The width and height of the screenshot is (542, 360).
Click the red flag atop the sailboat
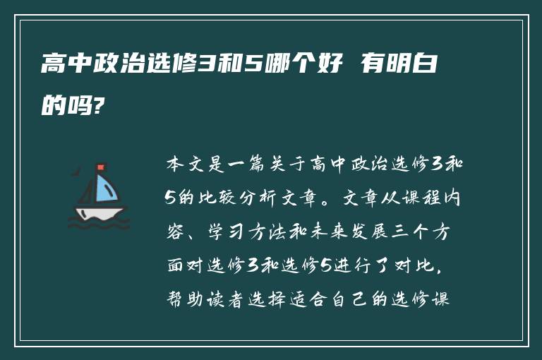100,167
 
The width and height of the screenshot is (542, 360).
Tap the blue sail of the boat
106,188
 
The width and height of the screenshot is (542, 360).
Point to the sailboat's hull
100,212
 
